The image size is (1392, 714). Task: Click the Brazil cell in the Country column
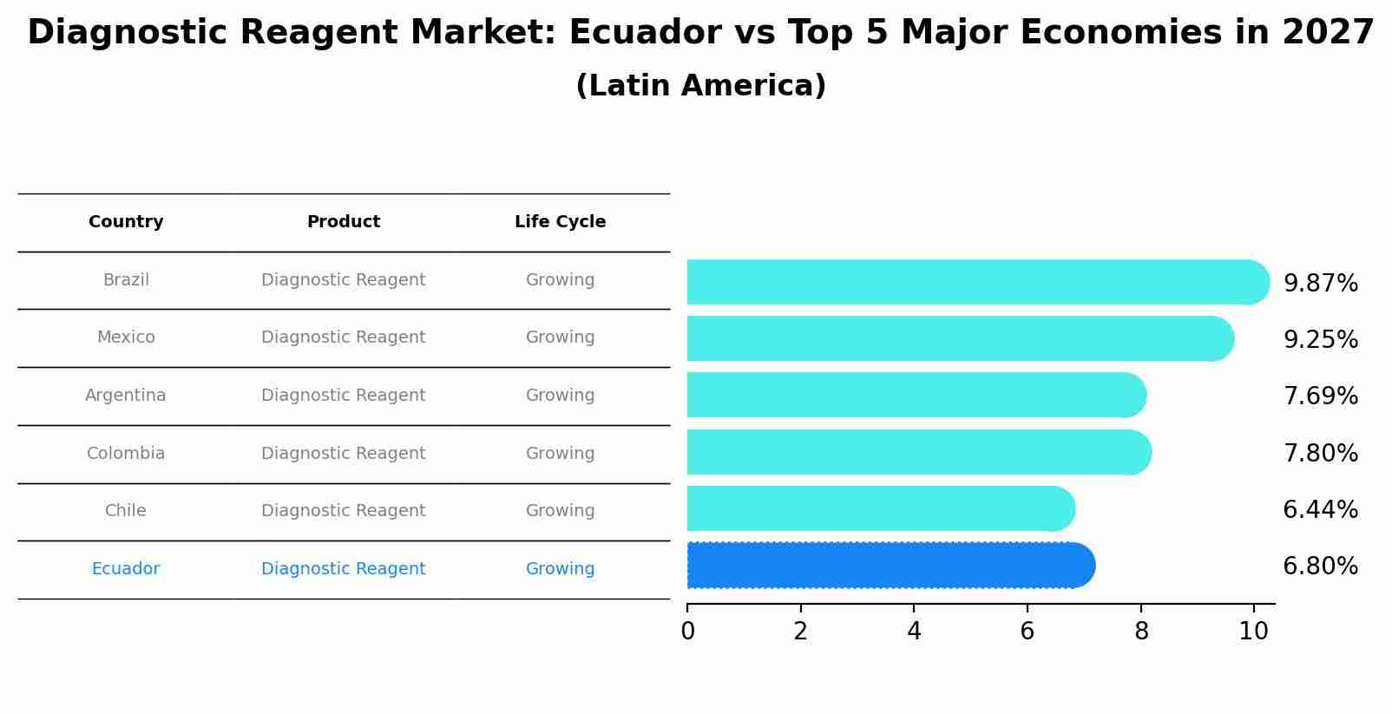coord(126,280)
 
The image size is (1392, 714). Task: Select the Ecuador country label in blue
coord(126,569)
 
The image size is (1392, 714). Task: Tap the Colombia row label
coord(126,454)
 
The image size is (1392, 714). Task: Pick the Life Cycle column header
coord(560,222)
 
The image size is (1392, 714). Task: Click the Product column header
coord(344,222)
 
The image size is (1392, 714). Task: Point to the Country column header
coord(126,222)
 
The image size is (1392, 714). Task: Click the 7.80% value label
coord(1320,454)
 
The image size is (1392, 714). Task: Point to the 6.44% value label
coord(1320,510)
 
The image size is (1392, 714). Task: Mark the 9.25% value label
coord(1320,340)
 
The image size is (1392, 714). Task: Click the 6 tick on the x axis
coord(1028,632)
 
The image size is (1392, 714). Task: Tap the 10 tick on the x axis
coord(1254,632)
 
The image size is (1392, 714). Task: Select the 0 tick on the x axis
coord(687,632)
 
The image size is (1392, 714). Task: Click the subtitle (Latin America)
coord(700,86)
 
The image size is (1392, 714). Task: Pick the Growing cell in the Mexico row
coord(560,337)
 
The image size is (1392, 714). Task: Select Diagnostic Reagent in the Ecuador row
coord(344,569)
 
